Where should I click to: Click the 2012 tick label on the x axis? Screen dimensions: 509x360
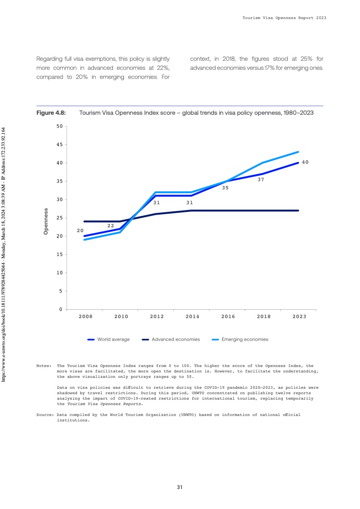pos(157,317)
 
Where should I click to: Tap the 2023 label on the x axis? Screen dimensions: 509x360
pos(299,317)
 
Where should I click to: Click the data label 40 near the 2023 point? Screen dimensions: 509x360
pos(305,162)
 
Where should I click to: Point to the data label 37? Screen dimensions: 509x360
pos(261,180)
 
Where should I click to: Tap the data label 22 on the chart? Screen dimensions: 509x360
pos(110,225)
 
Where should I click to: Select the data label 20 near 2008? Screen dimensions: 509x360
pos(80,230)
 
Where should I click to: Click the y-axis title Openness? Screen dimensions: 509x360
pos(45,221)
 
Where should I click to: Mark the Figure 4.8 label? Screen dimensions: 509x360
pos(51,113)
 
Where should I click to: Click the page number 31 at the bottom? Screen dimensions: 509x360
pos(180,487)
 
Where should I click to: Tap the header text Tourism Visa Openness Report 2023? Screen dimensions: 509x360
pos(285,18)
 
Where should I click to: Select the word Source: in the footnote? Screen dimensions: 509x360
pos(45,415)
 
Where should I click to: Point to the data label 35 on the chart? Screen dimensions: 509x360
pos(225,187)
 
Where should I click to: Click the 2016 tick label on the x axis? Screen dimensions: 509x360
pos(228,317)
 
